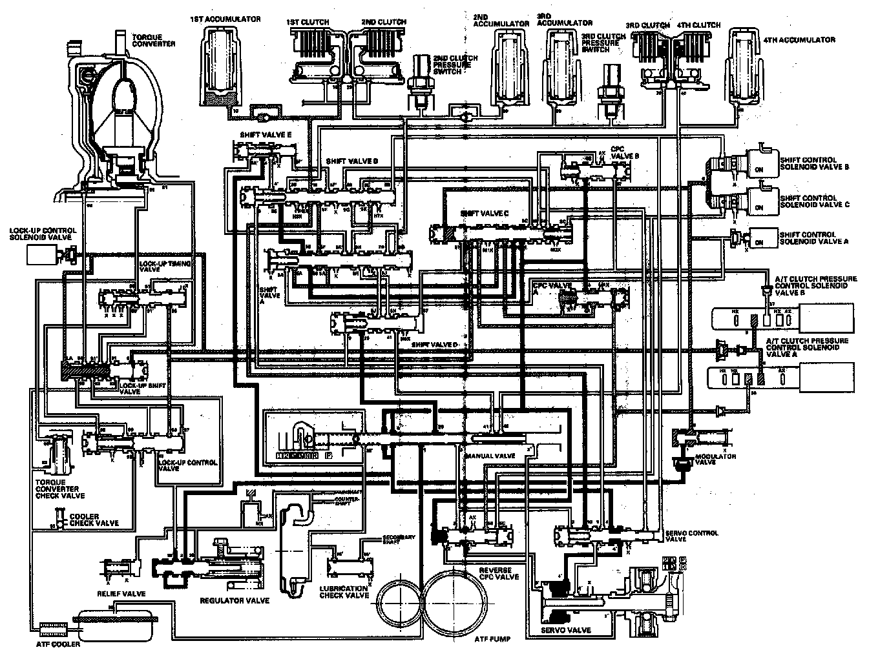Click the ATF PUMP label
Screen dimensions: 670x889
coord(492,639)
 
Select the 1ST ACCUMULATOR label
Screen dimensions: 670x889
coord(225,19)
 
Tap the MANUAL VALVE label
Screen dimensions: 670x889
coord(489,456)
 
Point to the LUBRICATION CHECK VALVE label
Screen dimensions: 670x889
coord(344,591)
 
